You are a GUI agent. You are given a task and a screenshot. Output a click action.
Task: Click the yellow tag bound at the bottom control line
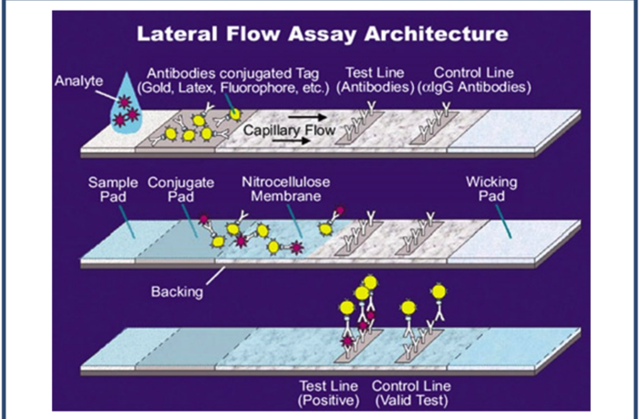click(x=439, y=293)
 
